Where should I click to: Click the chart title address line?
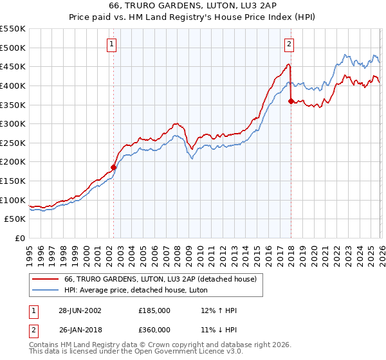pos(193,6)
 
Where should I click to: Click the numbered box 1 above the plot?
pos(112,44)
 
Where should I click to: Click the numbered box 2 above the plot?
pos(289,44)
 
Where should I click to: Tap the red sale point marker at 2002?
pos(114,167)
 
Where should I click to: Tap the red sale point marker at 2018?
pos(291,101)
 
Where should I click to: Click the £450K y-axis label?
pos(13,66)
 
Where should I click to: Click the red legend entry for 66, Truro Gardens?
pos(161,279)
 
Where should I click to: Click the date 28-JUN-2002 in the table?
pos(80,310)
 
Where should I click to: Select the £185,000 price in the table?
pos(154,310)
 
